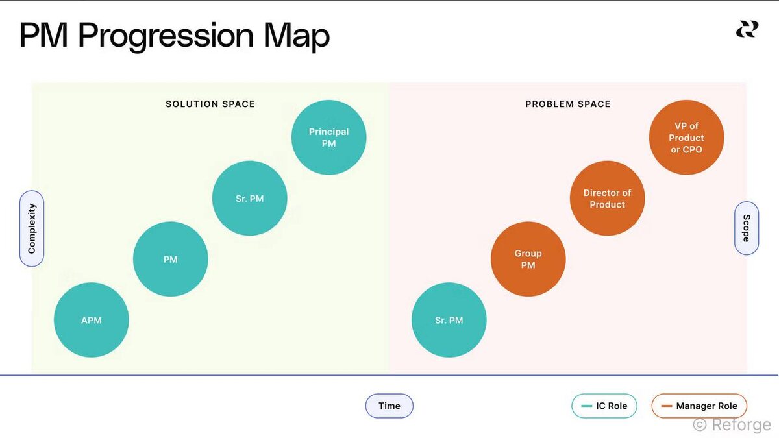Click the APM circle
pos(92,320)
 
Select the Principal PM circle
pos(328,138)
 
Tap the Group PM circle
pos(528,259)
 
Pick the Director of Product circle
pos(607,198)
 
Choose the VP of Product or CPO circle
pos(687,138)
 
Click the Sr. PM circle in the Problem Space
pos(449,320)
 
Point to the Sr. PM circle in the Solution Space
pos(250,198)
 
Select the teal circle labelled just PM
pos(170,259)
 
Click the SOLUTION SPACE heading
pos(210,104)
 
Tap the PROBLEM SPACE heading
pos(568,104)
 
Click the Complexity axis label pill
pos(32,228)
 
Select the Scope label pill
pos(747,228)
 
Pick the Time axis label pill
pos(389,406)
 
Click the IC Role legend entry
pos(604,406)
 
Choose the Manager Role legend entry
pos(699,406)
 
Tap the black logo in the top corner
pos(747,29)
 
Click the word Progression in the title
pos(166,36)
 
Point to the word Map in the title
pos(296,36)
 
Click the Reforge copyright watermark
pos(732,425)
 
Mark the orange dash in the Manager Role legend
pos(666,406)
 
